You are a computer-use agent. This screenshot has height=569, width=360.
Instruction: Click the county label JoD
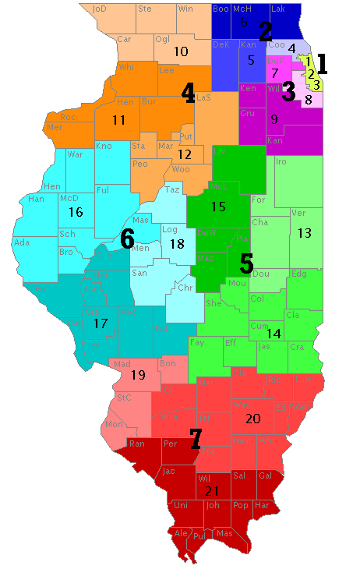tap(99, 9)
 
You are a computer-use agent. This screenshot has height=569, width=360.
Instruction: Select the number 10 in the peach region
tap(181, 51)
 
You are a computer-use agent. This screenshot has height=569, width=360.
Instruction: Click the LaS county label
tap(203, 97)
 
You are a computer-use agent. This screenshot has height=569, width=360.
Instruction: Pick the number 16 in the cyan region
tap(76, 211)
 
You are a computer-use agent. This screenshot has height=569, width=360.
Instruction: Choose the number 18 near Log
tap(177, 244)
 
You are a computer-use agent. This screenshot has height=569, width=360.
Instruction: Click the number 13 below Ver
tap(305, 232)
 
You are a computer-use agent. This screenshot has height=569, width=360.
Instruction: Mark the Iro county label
tap(282, 161)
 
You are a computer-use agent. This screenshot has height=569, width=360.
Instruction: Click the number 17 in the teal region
tap(101, 323)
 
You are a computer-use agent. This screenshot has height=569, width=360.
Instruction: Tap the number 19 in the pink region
tap(138, 375)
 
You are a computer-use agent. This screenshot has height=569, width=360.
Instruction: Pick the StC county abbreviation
tap(123, 398)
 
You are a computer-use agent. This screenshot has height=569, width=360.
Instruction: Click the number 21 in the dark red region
tap(211, 491)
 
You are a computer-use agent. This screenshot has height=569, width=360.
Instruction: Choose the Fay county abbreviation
tap(197, 342)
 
